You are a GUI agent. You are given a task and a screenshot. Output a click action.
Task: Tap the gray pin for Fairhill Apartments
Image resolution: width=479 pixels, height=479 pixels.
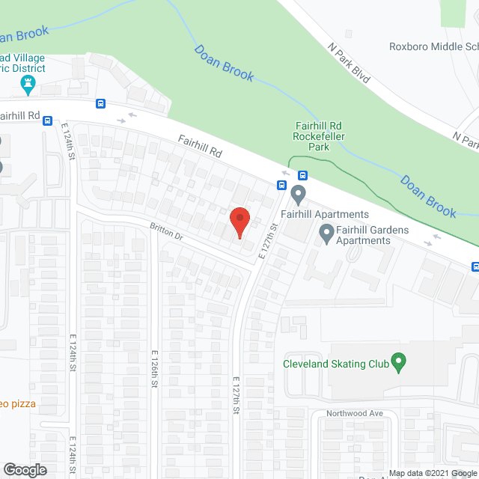pos(299,197)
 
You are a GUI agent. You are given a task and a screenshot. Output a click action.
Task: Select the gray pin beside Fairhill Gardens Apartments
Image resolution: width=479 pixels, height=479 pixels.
pos(326,235)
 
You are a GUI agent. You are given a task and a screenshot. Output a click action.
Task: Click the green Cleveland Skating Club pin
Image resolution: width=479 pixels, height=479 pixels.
pos(399,364)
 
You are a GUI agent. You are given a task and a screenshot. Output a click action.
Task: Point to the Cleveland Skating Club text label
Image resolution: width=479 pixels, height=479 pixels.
pos(336,364)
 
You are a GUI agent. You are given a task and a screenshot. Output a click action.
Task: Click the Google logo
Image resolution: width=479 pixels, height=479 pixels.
pos(24,469)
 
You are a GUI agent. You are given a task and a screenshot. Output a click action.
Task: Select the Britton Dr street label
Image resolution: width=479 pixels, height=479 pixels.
pos(166,234)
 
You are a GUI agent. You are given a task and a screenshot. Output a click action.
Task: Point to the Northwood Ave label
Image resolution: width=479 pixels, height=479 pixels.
pos(355,413)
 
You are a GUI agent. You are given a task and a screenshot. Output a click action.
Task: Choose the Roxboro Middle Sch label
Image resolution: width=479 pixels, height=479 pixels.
pos(433,46)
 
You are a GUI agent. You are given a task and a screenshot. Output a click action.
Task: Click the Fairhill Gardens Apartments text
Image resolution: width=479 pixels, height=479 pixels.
pos(363,235)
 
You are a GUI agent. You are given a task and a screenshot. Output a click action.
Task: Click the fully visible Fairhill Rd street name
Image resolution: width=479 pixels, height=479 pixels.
pos(200,146)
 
